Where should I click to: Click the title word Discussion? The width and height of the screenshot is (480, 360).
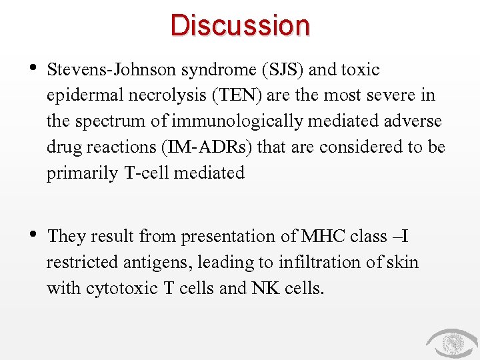(x=240, y=25)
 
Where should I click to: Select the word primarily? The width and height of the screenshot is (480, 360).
(x=82, y=173)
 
